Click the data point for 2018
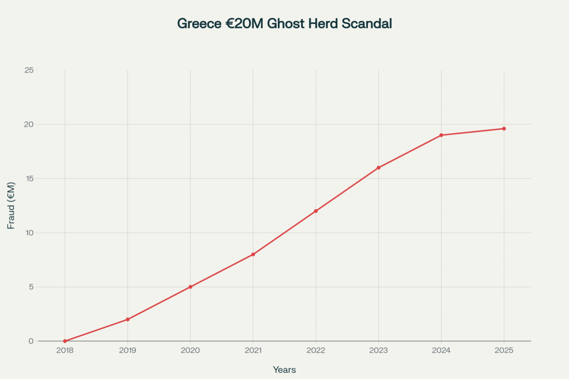click(x=65, y=341)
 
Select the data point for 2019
click(x=128, y=319)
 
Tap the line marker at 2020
click(x=191, y=287)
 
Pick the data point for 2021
click(x=253, y=254)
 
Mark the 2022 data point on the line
click(x=316, y=211)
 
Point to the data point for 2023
click(x=378, y=168)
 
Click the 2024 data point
click(x=441, y=135)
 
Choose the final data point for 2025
click(x=504, y=129)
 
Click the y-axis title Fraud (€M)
click(x=11, y=205)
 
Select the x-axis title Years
click(x=284, y=370)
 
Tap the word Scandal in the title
click(x=368, y=24)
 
